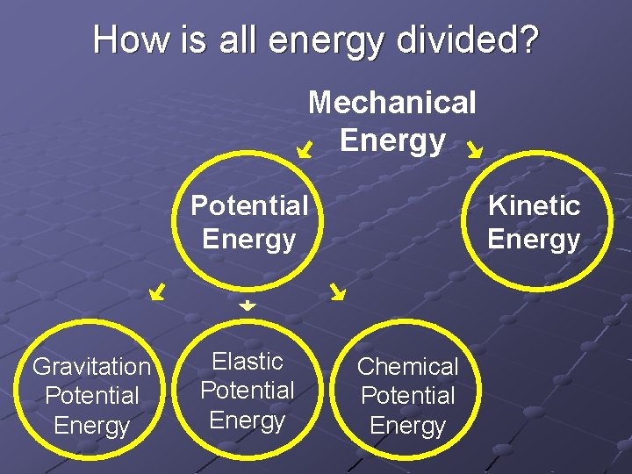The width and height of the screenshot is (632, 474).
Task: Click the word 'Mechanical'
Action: click(x=391, y=103)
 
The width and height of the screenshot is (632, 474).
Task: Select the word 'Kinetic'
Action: click(x=534, y=205)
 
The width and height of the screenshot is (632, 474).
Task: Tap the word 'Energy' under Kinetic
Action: click(x=534, y=239)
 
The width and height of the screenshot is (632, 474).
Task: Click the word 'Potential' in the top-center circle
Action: click(x=249, y=205)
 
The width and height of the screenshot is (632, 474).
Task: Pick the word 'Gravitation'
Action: click(x=91, y=366)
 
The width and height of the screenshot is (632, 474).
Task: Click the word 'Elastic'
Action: click(x=248, y=361)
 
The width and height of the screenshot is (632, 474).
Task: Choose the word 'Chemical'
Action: click(x=408, y=366)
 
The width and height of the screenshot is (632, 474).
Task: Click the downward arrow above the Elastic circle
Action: click(x=248, y=305)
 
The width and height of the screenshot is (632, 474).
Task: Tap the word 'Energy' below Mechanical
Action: click(x=391, y=140)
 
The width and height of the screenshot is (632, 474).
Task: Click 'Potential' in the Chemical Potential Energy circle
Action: click(x=408, y=396)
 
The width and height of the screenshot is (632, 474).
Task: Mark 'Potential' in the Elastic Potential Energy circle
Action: click(x=248, y=390)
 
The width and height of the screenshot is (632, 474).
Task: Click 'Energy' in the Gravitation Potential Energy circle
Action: click(x=91, y=426)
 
